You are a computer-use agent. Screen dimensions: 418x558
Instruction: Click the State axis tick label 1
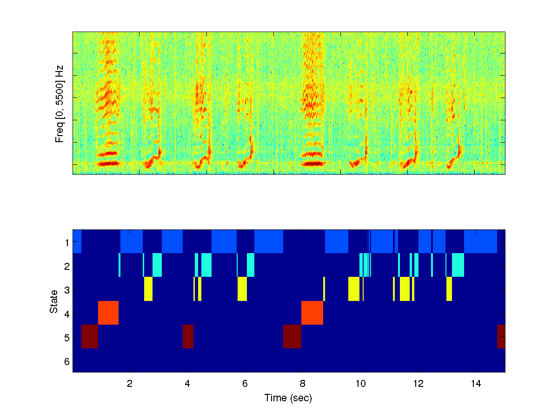(66, 242)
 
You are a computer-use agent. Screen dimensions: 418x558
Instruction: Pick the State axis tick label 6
(66, 361)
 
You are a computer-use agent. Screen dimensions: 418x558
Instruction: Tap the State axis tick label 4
(66, 313)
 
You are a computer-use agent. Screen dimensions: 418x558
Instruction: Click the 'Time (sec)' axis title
(288, 398)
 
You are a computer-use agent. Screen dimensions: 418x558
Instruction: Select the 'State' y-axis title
(54, 301)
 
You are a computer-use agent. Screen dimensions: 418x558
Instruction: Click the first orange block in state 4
(108, 313)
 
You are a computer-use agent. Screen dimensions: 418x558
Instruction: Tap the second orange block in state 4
(312, 313)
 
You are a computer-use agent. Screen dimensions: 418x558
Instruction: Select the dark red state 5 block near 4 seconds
(188, 336)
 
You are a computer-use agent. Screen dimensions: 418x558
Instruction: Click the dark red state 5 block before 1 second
(90, 336)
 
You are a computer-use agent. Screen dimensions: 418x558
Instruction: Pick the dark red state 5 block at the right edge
(501, 336)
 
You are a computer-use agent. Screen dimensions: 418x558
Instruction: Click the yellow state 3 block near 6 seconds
(242, 288)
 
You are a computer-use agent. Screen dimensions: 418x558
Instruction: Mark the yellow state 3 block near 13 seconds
(449, 288)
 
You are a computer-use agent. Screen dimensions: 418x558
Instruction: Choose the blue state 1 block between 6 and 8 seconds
(269, 242)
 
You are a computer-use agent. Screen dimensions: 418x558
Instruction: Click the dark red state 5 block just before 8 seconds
(292, 336)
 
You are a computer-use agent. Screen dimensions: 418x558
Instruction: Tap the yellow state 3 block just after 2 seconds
(148, 288)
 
